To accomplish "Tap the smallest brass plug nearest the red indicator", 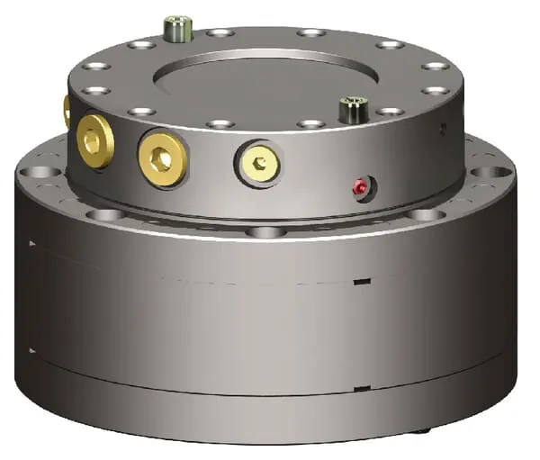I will pos(259,164).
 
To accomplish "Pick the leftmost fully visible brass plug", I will pos(95,139).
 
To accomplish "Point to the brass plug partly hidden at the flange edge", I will pos(67,111).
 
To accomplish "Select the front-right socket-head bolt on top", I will pos(351,111).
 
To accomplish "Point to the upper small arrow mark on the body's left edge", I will pos(32,242).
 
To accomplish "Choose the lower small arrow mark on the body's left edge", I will pos(32,350).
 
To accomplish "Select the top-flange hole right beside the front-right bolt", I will pos(390,112).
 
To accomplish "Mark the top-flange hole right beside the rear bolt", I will pos(219,32).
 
